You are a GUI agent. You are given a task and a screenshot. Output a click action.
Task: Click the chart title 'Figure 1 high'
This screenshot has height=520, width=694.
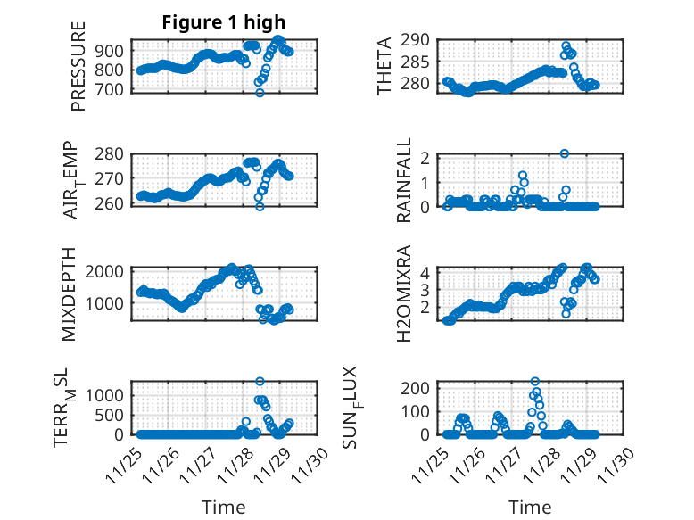[x=224, y=22]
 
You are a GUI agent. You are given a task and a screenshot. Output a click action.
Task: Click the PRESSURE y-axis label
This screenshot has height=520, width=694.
[x=79, y=67]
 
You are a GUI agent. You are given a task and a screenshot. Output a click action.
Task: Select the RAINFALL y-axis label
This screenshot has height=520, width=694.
[x=404, y=181]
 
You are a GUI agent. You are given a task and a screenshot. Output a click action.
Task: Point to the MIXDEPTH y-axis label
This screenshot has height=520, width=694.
[x=69, y=293]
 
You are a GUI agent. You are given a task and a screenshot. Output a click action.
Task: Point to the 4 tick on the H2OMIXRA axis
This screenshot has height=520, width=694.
[x=427, y=272]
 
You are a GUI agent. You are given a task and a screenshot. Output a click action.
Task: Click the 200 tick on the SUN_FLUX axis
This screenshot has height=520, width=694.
[x=421, y=387]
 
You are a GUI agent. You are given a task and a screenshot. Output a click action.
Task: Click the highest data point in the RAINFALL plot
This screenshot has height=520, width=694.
[x=565, y=153]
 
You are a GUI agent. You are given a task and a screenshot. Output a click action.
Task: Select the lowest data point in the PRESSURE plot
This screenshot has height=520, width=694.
[x=260, y=93]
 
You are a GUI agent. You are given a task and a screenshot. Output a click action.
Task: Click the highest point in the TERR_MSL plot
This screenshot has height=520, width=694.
[x=260, y=381]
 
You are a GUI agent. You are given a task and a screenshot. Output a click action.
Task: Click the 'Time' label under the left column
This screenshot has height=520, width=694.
[x=224, y=507]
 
